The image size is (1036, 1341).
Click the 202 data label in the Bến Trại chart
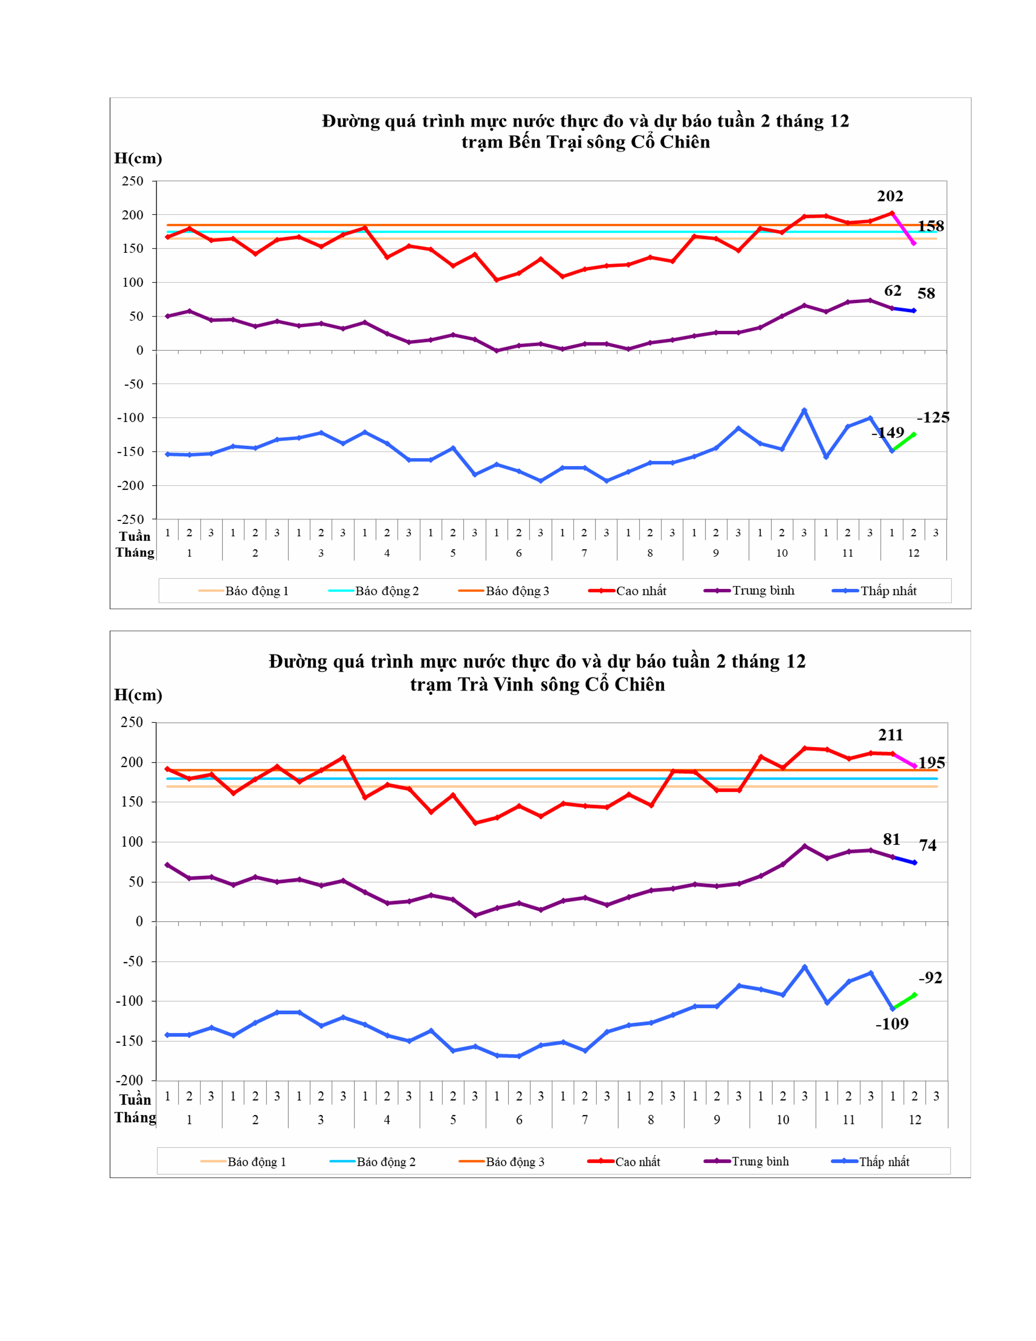tap(889, 197)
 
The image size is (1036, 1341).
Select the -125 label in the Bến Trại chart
tap(933, 417)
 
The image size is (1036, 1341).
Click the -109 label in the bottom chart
tap(892, 1024)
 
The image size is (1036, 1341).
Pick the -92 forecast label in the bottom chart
tap(930, 977)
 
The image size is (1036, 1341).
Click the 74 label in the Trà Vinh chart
tap(928, 846)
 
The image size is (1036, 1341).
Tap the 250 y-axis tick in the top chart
tap(132, 181)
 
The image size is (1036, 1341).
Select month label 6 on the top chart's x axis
tap(519, 553)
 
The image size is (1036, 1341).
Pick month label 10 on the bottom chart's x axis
tap(782, 1120)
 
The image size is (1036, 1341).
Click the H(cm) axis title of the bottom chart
tap(138, 695)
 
